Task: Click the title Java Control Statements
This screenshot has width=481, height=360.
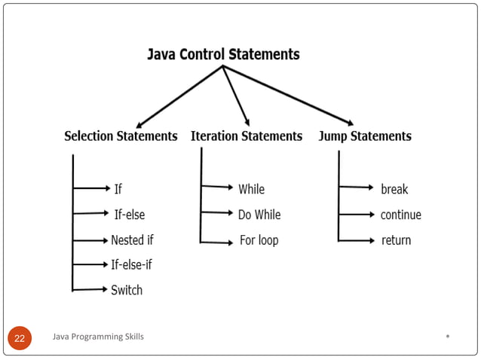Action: [x=223, y=55]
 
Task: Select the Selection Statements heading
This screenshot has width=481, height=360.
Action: [x=121, y=136]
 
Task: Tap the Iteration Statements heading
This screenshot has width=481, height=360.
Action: [x=247, y=136]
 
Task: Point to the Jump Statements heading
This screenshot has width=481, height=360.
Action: [x=365, y=136]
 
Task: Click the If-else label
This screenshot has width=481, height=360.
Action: [x=129, y=215]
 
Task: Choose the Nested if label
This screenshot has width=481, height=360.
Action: [x=132, y=240]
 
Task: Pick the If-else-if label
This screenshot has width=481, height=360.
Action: [x=131, y=264]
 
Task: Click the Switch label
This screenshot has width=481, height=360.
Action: [x=127, y=290]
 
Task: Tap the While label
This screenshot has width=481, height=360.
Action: [x=251, y=189]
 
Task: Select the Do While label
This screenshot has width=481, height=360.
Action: [x=259, y=215]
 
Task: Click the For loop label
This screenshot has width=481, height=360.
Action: [x=258, y=240]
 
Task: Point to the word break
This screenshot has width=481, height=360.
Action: [x=394, y=189]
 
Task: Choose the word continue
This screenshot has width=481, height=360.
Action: [x=400, y=215]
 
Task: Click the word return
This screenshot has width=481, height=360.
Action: [x=396, y=240]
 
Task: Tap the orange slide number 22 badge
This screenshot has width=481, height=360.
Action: [x=20, y=338]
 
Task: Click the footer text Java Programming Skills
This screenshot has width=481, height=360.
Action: [x=98, y=337]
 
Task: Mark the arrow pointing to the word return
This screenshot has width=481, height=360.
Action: [x=356, y=240]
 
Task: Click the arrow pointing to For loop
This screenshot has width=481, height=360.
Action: [x=217, y=242]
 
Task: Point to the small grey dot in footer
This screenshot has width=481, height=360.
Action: [x=448, y=336]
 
